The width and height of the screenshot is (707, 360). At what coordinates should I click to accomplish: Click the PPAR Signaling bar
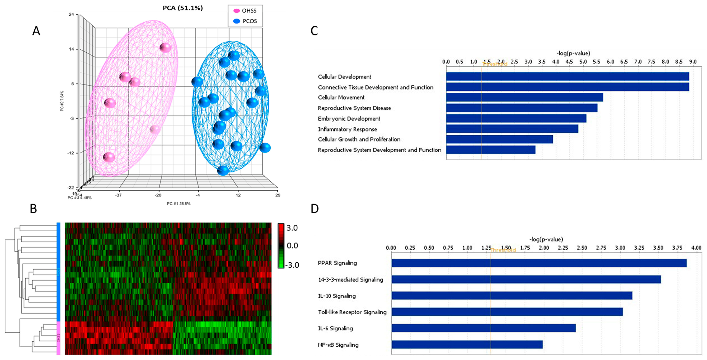539,263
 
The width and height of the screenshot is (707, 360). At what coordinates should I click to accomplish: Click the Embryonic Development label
349,119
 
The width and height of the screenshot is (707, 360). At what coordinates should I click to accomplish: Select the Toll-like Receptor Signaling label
352,312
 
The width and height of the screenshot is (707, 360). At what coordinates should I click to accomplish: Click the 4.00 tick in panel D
696,248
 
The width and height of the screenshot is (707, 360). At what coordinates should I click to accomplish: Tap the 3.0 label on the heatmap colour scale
292,228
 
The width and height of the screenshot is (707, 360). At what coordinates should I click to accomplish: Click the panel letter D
315,209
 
